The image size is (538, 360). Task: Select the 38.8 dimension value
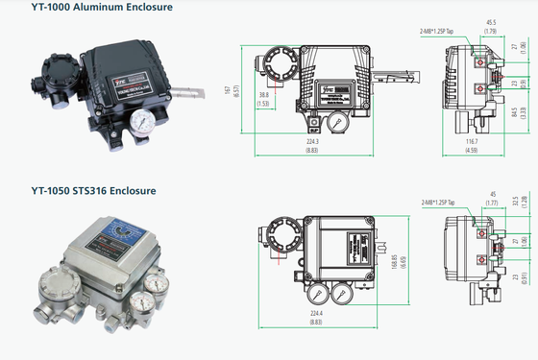coord(263,96)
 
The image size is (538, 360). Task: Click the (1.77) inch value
coord(492,204)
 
